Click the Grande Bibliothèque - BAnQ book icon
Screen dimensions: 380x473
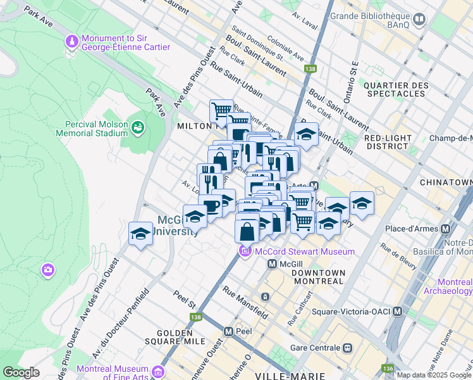click(419, 20)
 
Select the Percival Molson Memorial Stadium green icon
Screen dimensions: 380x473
click(137, 128)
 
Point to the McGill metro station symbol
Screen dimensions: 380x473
click(273, 263)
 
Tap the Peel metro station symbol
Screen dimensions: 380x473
click(229, 331)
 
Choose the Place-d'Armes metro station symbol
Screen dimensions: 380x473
click(447, 229)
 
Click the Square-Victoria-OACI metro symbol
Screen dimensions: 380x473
click(397, 311)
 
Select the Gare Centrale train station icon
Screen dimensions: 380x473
click(347, 348)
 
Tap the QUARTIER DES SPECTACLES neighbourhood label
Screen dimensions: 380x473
click(396, 89)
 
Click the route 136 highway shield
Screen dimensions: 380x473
click(387, 368)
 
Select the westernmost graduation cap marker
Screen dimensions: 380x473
click(140, 234)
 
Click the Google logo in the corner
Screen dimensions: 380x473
click(21, 372)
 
